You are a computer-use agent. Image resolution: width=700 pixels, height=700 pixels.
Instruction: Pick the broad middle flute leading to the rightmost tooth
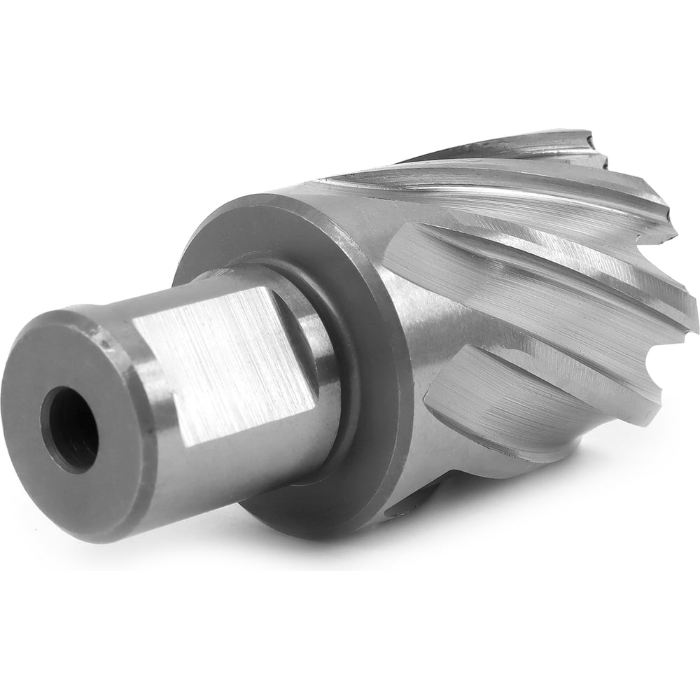[x=560, y=280]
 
